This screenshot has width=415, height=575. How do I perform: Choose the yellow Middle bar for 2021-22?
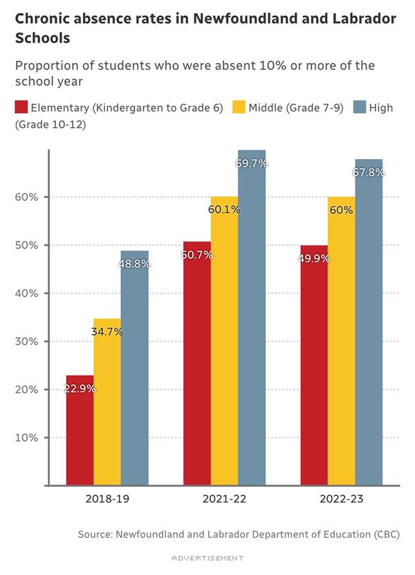coord(224,346)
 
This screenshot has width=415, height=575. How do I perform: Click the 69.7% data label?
coord(252,164)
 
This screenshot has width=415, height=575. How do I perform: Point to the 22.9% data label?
coord(80,389)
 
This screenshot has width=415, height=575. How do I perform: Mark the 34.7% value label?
coord(107,332)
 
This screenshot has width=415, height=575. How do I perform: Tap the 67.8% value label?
coord(369,172)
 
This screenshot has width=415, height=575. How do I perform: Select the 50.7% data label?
coord(197,255)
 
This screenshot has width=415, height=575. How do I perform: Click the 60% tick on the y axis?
coord(28,197)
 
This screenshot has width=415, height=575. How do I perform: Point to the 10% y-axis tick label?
coord(28,437)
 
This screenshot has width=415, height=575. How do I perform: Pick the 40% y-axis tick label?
coord(28,293)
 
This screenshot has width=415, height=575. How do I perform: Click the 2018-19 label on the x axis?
coord(107,498)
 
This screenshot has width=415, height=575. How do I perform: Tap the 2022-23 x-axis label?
coord(342,498)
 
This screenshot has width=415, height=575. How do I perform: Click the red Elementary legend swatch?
coord(21,108)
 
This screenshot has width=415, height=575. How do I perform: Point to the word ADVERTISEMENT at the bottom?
coord(207,557)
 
